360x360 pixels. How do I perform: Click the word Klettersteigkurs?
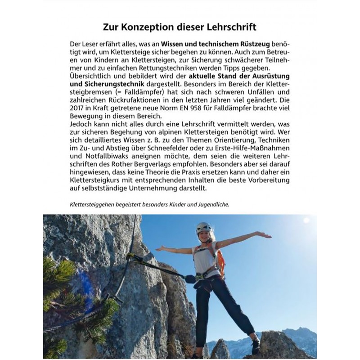tap(98, 180)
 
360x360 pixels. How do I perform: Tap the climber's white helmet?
tap(203, 227)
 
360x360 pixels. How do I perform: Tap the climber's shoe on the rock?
tap(256, 346)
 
